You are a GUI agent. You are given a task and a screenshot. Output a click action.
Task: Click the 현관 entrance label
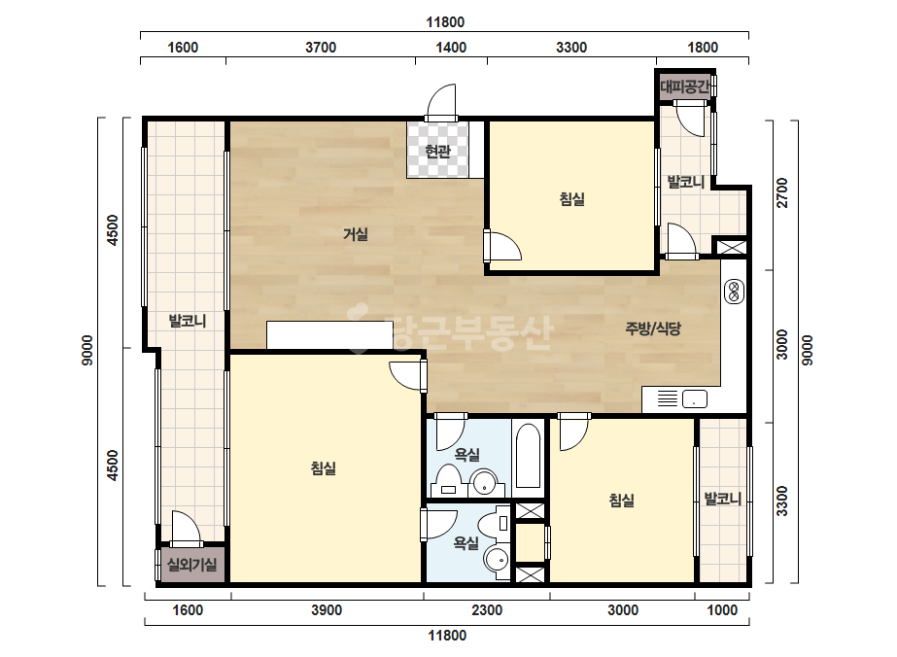(437, 152)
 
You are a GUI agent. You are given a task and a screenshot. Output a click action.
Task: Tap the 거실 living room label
(356, 234)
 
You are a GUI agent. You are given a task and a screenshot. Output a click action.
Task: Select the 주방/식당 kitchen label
(653, 328)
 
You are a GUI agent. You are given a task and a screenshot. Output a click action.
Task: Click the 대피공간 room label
(685, 87)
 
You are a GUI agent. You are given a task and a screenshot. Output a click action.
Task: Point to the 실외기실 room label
(191, 565)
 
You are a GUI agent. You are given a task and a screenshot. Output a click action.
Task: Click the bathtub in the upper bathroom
(528, 456)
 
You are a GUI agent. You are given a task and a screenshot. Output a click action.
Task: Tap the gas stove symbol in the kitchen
(734, 292)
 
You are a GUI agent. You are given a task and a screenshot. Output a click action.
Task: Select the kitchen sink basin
(694, 398)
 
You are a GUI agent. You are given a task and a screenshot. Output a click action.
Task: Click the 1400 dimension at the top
(451, 48)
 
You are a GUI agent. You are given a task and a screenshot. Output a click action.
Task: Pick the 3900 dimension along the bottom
(327, 610)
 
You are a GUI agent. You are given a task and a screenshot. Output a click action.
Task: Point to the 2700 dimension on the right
(782, 192)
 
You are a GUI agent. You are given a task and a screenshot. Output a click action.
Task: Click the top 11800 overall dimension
(445, 22)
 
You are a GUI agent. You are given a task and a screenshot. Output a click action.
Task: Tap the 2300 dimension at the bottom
(487, 610)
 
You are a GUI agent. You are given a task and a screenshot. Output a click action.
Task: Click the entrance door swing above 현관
(441, 102)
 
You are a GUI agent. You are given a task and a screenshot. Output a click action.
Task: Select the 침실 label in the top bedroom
(571, 199)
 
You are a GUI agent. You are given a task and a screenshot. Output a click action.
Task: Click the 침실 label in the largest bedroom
(324, 468)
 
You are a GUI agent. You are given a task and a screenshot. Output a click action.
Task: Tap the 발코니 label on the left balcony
(187, 321)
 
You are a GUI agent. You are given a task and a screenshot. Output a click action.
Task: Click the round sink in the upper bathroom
(485, 482)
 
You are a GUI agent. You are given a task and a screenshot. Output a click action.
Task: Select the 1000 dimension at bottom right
(722, 610)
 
